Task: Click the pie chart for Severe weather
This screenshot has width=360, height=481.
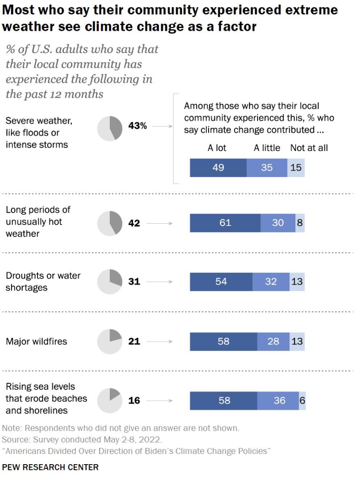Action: pos(110,128)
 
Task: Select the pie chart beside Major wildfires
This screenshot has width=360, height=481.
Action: pos(110,341)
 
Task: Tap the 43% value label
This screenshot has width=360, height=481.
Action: pos(137,126)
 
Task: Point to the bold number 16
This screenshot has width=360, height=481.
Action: pos(134,400)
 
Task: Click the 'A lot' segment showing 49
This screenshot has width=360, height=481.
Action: pos(218,168)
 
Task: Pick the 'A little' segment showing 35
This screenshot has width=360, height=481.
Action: pos(267,168)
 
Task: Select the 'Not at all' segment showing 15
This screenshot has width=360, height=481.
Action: pos(296,168)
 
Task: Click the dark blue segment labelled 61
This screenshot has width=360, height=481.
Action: pos(225,223)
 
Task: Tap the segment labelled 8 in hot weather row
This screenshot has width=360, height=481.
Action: pos(300,223)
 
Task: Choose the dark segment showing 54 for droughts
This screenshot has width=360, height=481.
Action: pos(221,282)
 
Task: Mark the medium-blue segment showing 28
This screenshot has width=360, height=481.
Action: pos(273,341)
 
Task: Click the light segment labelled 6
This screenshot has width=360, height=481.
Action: pos(302,400)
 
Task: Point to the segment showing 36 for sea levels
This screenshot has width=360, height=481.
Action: pos(278,400)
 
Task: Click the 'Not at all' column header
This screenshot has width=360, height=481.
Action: pos(309,148)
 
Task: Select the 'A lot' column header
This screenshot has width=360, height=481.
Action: pos(217,148)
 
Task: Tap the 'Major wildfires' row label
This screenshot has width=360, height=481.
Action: pos(36,342)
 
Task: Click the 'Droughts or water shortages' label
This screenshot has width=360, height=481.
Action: pos(43,281)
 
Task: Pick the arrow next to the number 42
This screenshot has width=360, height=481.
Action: pos(160,223)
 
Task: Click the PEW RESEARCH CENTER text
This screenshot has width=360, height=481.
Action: pos(50,467)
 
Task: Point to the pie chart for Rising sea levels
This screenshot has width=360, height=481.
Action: pos(110,400)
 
